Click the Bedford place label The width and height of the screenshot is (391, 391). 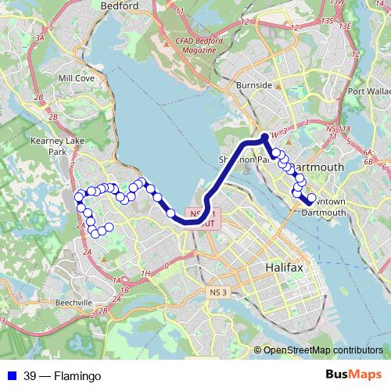120,5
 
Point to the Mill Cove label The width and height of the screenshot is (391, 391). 76,79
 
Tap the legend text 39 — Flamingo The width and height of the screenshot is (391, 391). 62,376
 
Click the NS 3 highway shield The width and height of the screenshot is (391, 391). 218,292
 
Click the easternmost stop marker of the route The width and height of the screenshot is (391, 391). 311,199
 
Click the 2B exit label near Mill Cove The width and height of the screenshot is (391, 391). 53,117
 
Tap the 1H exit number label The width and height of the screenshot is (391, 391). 146,273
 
